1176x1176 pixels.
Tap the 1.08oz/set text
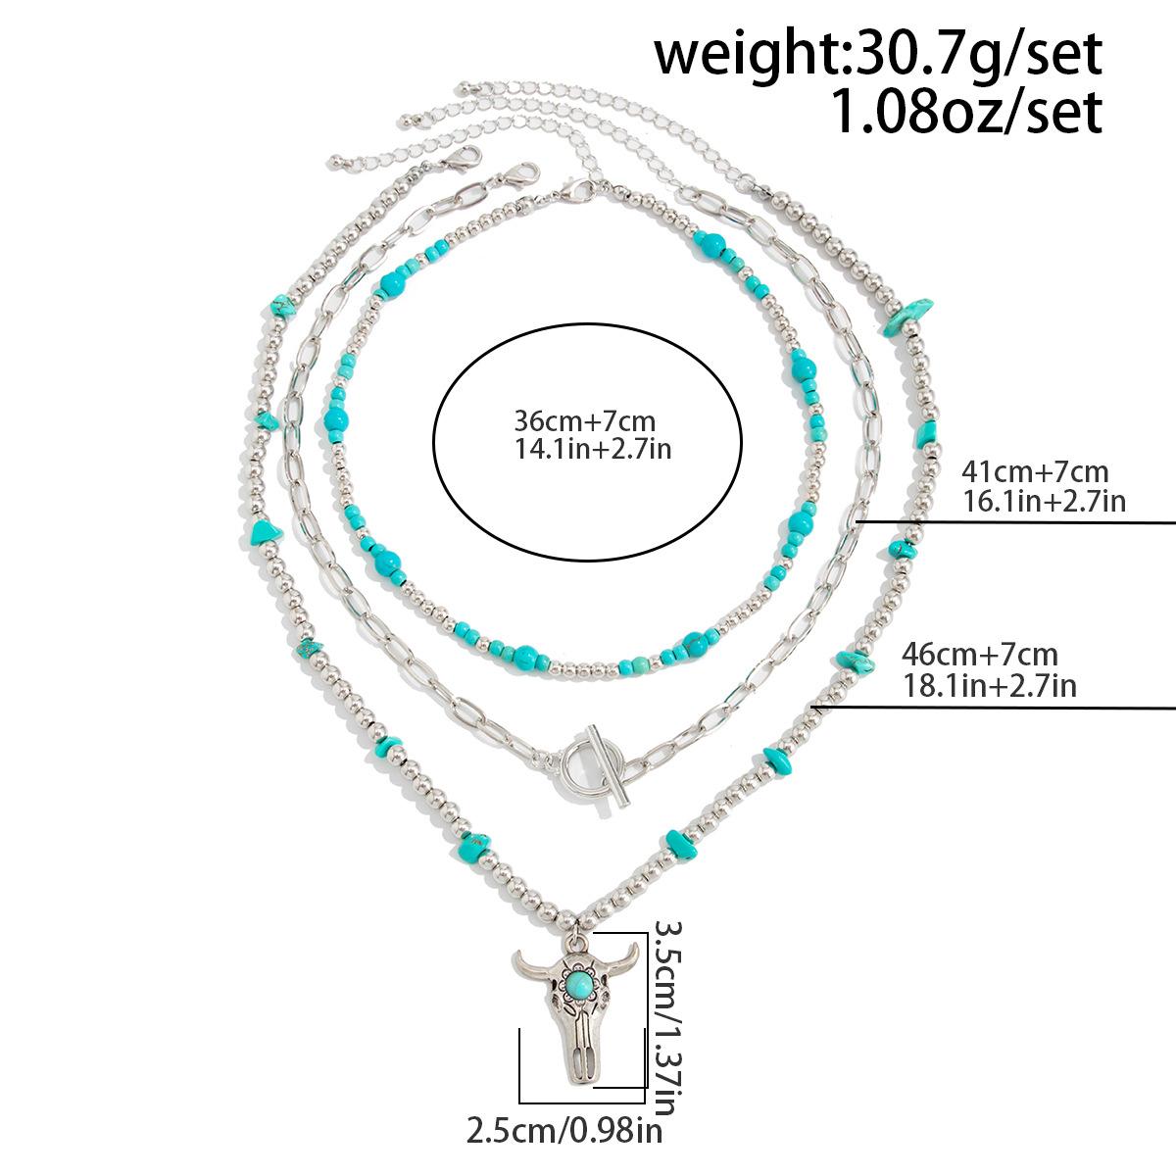965,111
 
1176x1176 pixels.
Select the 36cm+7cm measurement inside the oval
584,422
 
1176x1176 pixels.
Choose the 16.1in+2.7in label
1044,502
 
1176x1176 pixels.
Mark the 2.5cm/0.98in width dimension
564,1133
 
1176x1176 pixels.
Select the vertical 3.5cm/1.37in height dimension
665,1019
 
